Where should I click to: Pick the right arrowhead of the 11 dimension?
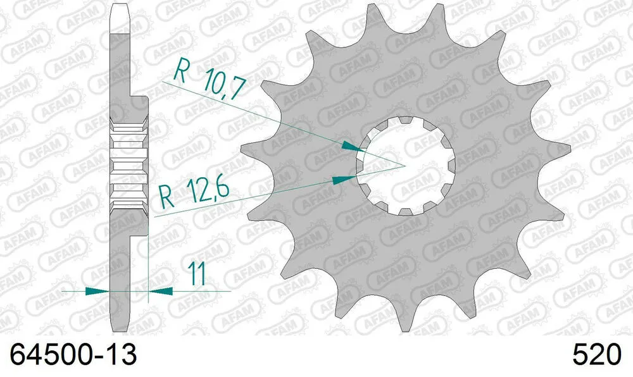coord(160,292)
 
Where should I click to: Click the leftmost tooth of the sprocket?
coord(250,150)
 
